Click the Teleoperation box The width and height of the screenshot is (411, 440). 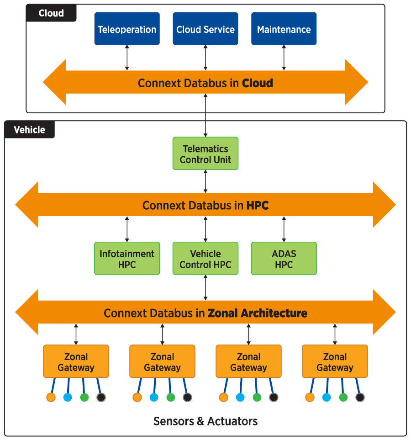pyautogui.click(x=127, y=29)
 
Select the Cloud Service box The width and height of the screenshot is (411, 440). pyautogui.click(x=205, y=29)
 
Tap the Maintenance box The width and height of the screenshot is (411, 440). pyautogui.click(x=284, y=29)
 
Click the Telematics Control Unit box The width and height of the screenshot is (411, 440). pyautogui.click(x=205, y=154)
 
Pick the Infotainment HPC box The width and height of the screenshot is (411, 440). pyautogui.click(x=127, y=259)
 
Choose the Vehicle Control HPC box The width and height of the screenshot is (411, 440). pyautogui.click(x=205, y=259)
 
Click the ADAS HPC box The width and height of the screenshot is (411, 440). pyautogui.click(x=284, y=259)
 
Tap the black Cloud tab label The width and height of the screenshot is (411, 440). pyautogui.click(x=51, y=13)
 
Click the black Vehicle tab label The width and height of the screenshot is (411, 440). pyautogui.click(x=30, y=130)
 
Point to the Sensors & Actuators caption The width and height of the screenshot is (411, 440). pyautogui.click(x=205, y=421)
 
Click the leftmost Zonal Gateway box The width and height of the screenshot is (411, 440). pyautogui.click(x=76, y=361)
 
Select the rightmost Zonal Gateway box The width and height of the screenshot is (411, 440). pyautogui.click(x=335, y=361)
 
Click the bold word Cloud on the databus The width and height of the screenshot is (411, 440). pyautogui.click(x=258, y=83)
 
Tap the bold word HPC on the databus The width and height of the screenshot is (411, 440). pyautogui.click(x=258, y=206)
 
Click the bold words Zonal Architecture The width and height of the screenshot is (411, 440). pyautogui.click(x=258, y=313)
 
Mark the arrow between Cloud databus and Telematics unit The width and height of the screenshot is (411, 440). pyautogui.click(x=205, y=115)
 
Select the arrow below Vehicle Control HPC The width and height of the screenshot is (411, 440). pyautogui.click(x=205, y=287)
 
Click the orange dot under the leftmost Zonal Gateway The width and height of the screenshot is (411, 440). pyautogui.click(x=51, y=397)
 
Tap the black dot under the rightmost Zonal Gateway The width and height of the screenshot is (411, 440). pyautogui.click(x=360, y=397)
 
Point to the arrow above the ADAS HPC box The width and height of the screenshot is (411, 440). pyautogui.click(x=284, y=229)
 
